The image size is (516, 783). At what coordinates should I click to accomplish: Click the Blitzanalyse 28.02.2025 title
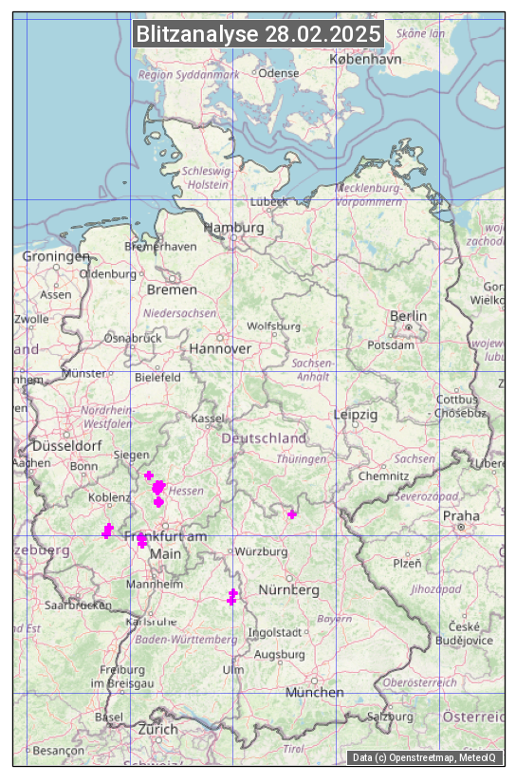click(x=258, y=34)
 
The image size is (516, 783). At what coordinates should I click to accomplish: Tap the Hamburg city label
click(x=234, y=229)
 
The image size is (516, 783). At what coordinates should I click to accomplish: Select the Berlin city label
click(x=408, y=316)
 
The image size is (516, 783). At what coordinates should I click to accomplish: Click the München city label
click(x=315, y=693)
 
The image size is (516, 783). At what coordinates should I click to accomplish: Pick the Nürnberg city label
click(x=289, y=590)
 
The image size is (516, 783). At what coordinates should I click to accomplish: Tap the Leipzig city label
click(x=356, y=415)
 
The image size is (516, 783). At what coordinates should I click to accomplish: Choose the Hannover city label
click(x=220, y=348)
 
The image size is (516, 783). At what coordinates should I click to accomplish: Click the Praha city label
click(x=461, y=515)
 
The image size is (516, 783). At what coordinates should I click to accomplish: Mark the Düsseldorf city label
click(x=66, y=445)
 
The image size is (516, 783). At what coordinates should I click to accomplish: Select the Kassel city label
click(x=207, y=419)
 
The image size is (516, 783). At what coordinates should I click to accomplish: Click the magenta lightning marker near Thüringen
click(x=292, y=514)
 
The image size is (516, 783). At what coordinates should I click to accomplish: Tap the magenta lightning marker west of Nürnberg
click(x=231, y=597)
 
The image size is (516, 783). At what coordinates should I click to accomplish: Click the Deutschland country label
click(x=264, y=438)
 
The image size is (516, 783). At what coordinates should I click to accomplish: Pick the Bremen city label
click(x=172, y=289)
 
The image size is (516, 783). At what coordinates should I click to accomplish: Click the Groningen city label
click(x=56, y=256)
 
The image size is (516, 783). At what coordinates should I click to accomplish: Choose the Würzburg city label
click(x=261, y=551)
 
